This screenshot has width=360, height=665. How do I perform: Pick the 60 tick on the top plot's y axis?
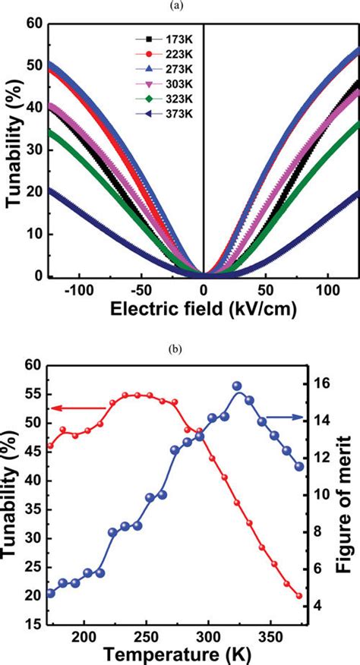pyautogui.click(x=33, y=24)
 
